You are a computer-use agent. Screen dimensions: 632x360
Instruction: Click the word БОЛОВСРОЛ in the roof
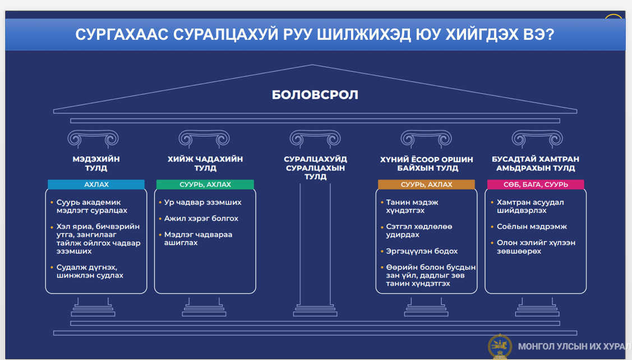315,95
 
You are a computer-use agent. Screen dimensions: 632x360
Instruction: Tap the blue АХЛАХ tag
96,184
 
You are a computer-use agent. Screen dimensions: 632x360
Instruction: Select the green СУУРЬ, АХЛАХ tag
205,184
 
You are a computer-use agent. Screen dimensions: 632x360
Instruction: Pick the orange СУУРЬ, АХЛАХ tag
426,184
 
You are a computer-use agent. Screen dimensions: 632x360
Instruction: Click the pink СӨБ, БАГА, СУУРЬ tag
536,184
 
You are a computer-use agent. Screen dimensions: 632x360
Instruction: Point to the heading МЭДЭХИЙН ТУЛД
96,163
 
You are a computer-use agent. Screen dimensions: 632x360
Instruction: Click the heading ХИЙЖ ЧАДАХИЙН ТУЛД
205,163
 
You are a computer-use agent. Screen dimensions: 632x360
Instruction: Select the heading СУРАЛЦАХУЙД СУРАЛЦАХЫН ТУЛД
315,168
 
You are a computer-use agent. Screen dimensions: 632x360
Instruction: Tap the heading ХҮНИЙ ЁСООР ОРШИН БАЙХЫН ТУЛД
426,163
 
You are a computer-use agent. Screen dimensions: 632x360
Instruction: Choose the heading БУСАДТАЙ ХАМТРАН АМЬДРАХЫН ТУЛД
535,163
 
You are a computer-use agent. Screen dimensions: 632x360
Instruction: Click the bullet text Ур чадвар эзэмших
203,202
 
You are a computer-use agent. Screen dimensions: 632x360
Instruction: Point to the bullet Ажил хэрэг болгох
201,219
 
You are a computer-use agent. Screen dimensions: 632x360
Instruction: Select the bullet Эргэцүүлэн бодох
422,251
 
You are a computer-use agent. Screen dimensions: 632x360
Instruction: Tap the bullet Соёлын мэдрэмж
532,227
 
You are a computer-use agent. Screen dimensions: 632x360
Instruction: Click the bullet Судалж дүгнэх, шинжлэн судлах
90,271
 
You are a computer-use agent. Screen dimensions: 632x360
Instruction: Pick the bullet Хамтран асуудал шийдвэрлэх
530,206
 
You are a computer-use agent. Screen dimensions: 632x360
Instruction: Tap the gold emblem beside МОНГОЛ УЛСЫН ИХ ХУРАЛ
500,347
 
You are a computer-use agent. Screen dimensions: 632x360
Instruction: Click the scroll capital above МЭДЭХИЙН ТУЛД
93,139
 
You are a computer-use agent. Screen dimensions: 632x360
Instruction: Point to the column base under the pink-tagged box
537,307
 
